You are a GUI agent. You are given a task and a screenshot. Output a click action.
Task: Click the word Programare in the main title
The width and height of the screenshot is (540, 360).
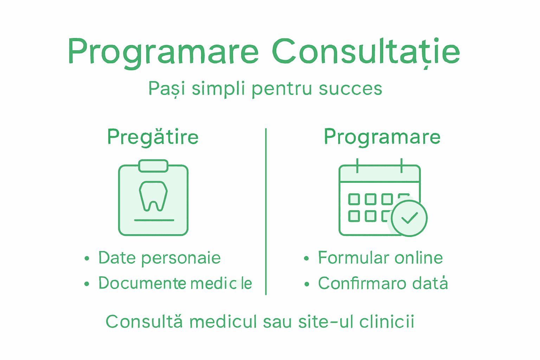[163, 52]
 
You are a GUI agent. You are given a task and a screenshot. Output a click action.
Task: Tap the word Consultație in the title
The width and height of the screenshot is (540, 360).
[366, 52]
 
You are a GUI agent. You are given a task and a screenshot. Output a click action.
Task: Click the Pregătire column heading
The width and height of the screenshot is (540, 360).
[153, 137]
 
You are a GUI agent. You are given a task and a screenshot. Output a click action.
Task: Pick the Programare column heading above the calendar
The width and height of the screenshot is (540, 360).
[382, 137]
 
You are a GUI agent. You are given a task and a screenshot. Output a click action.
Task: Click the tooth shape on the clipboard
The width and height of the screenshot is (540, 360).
[153, 196]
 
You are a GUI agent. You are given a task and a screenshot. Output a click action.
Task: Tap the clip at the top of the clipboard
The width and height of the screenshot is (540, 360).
[153, 166]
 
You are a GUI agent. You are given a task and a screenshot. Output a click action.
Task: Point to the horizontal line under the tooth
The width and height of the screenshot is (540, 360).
[154, 220]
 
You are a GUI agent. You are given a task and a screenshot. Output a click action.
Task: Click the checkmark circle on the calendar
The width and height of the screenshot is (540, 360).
[409, 218]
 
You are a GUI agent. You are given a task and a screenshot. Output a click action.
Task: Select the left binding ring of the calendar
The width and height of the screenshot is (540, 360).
[357, 165]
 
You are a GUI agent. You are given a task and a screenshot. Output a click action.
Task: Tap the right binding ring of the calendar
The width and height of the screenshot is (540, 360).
[401, 165]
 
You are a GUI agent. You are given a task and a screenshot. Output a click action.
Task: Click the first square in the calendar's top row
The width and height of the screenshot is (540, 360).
[354, 199]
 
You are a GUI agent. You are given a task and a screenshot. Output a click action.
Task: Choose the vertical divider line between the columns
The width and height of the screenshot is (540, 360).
[266, 211]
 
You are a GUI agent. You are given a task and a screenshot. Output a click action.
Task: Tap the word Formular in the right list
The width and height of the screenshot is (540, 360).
[353, 258]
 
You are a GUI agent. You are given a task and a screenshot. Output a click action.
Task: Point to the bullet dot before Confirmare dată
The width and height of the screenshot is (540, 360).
[307, 284]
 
